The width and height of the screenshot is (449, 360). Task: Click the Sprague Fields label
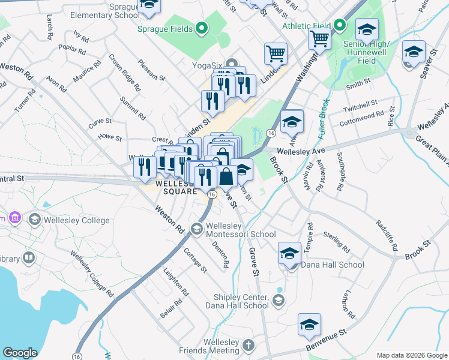[x=164, y=29]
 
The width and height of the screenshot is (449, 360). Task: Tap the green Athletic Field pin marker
[x=339, y=25]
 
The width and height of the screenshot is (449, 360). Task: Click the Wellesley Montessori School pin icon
[x=196, y=229]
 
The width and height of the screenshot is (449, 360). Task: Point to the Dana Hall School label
[x=332, y=265]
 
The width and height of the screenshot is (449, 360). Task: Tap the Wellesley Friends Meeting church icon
[x=249, y=346]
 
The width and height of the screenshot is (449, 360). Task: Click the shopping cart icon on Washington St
[x=319, y=39]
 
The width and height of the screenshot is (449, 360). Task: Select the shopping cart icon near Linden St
[x=276, y=53]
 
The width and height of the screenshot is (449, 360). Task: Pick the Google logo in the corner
[x=20, y=353]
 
